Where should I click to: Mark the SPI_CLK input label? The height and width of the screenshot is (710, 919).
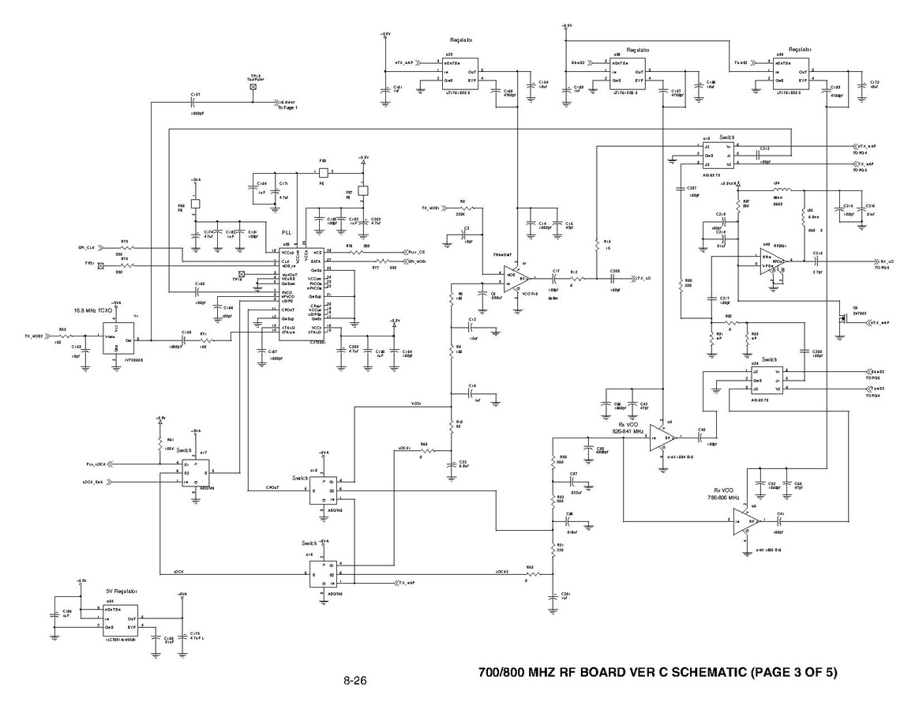pos(86,247)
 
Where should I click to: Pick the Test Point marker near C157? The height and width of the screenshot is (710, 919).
pos(253,87)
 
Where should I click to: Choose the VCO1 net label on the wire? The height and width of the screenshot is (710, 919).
pos(416,404)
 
